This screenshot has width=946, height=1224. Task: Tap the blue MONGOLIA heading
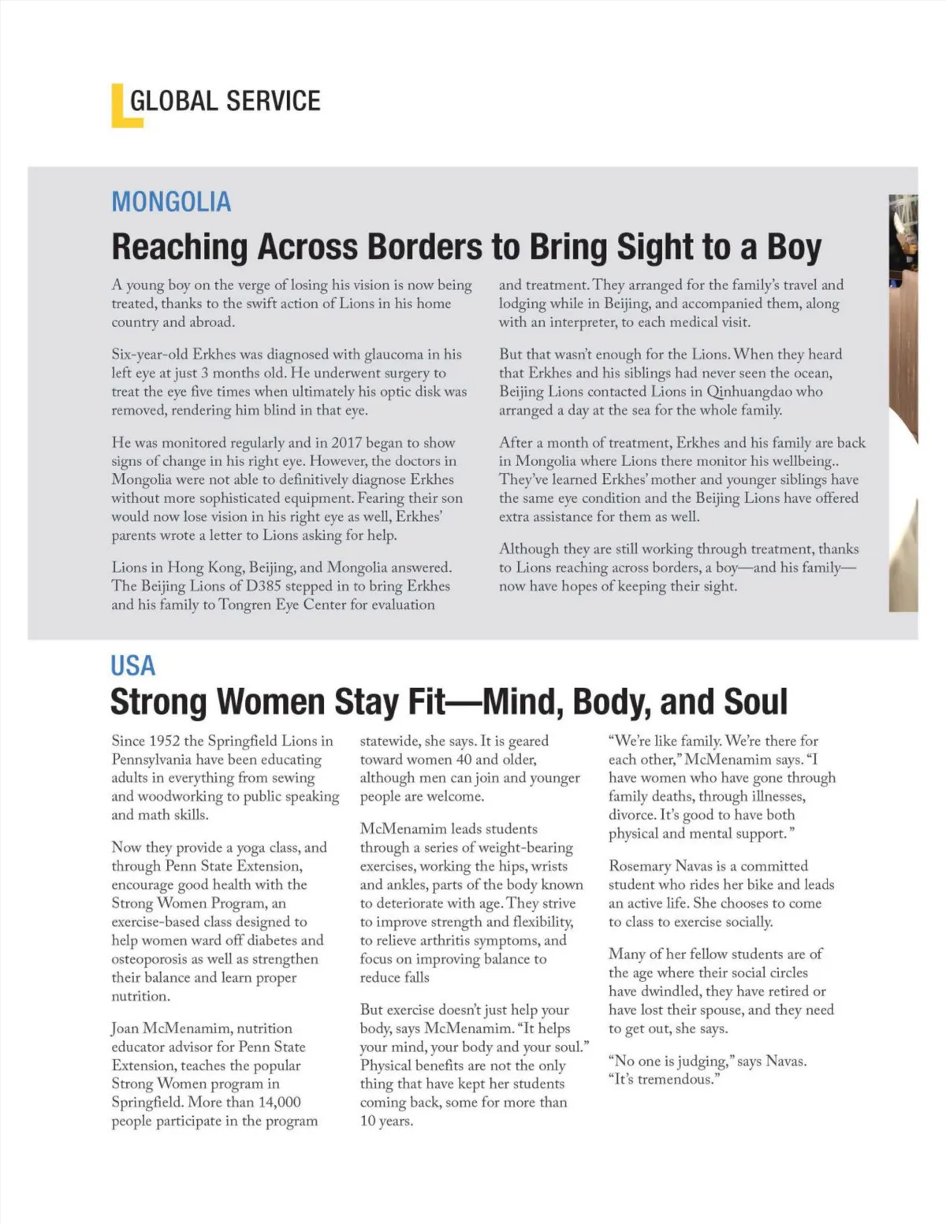point(171,202)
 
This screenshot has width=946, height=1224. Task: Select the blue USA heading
point(132,666)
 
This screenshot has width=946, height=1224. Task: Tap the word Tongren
point(244,605)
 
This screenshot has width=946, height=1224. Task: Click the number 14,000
point(279,1102)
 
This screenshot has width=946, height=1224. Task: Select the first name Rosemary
point(639,865)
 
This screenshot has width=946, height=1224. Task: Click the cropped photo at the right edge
point(903,402)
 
